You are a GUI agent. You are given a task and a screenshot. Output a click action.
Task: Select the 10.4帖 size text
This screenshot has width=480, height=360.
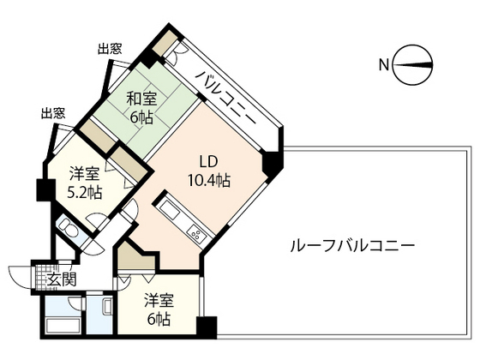[209, 181]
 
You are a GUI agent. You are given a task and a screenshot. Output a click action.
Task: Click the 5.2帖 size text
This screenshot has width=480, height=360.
[86, 191]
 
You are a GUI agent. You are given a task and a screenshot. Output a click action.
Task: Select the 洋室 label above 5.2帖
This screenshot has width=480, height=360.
[86, 174]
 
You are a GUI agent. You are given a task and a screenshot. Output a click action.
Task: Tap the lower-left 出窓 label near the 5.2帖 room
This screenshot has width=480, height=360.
[54, 112]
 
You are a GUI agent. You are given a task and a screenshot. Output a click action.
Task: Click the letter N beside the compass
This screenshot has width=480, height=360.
[384, 63]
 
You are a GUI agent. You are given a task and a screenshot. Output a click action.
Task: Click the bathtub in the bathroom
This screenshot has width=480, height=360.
[63, 324]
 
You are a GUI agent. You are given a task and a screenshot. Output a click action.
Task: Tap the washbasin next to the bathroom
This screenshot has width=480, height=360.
[107, 309]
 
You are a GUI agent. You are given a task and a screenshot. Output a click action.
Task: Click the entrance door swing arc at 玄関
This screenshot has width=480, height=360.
[19, 276]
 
